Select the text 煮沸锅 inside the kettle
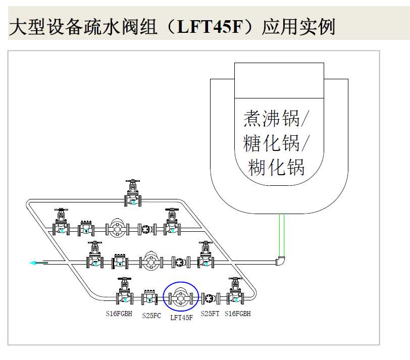coord(272,119)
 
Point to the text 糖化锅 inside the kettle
coord(272,143)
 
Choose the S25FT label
coord(210,314)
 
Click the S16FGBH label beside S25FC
coord(119,314)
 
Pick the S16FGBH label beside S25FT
coord(238,314)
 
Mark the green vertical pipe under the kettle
coord(284,235)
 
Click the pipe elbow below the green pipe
coord(281,261)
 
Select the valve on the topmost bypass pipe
coord(133,197)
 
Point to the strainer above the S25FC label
coord(149,297)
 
